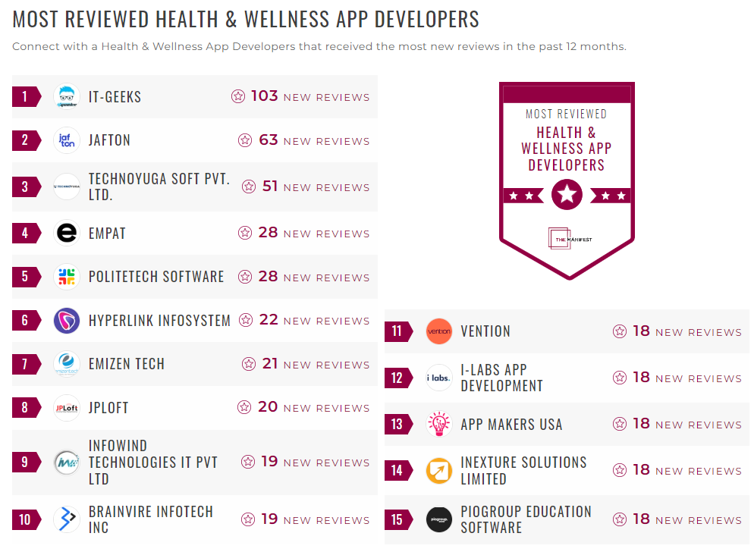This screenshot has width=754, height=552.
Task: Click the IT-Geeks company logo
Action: (67, 97)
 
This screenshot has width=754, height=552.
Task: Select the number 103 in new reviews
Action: (265, 96)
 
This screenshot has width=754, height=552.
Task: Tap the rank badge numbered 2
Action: (26, 140)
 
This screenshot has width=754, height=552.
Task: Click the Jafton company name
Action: (109, 140)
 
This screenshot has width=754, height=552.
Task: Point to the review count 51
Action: (270, 187)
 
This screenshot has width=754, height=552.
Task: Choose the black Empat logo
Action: (67, 234)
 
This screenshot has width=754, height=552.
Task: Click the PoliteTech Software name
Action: (156, 277)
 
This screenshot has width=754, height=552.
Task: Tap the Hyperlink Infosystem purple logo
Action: (67, 321)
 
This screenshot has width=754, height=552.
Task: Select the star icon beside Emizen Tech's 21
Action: (249, 365)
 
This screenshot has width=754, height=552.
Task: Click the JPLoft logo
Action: (67, 408)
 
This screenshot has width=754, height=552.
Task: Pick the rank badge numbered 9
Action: (26, 462)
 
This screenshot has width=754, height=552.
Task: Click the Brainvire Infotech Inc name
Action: (150, 519)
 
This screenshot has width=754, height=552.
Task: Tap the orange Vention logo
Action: (438, 331)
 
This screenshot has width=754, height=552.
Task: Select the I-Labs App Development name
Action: (501, 378)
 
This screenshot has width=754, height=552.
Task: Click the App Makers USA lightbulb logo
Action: (438, 424)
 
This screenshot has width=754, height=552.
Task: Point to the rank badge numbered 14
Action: (397, 470)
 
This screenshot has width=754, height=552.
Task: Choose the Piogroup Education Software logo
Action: (438, 519)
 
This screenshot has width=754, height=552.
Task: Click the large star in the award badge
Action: (567, 195)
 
